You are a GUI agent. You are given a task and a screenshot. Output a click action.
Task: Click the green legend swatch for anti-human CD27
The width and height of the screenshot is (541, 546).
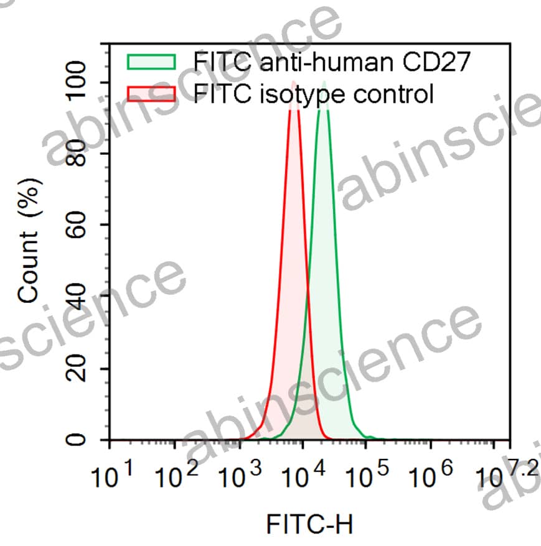pos(151,62)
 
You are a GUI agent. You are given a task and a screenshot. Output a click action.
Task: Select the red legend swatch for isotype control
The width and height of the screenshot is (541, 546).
pos(151,95)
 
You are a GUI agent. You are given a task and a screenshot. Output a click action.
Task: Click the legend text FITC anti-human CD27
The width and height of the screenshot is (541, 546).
pos(331,62)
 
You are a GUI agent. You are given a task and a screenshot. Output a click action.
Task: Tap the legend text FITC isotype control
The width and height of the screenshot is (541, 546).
pos(313,95)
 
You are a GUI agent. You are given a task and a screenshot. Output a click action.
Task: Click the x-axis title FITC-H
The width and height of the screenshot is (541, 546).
pos(309,524)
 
